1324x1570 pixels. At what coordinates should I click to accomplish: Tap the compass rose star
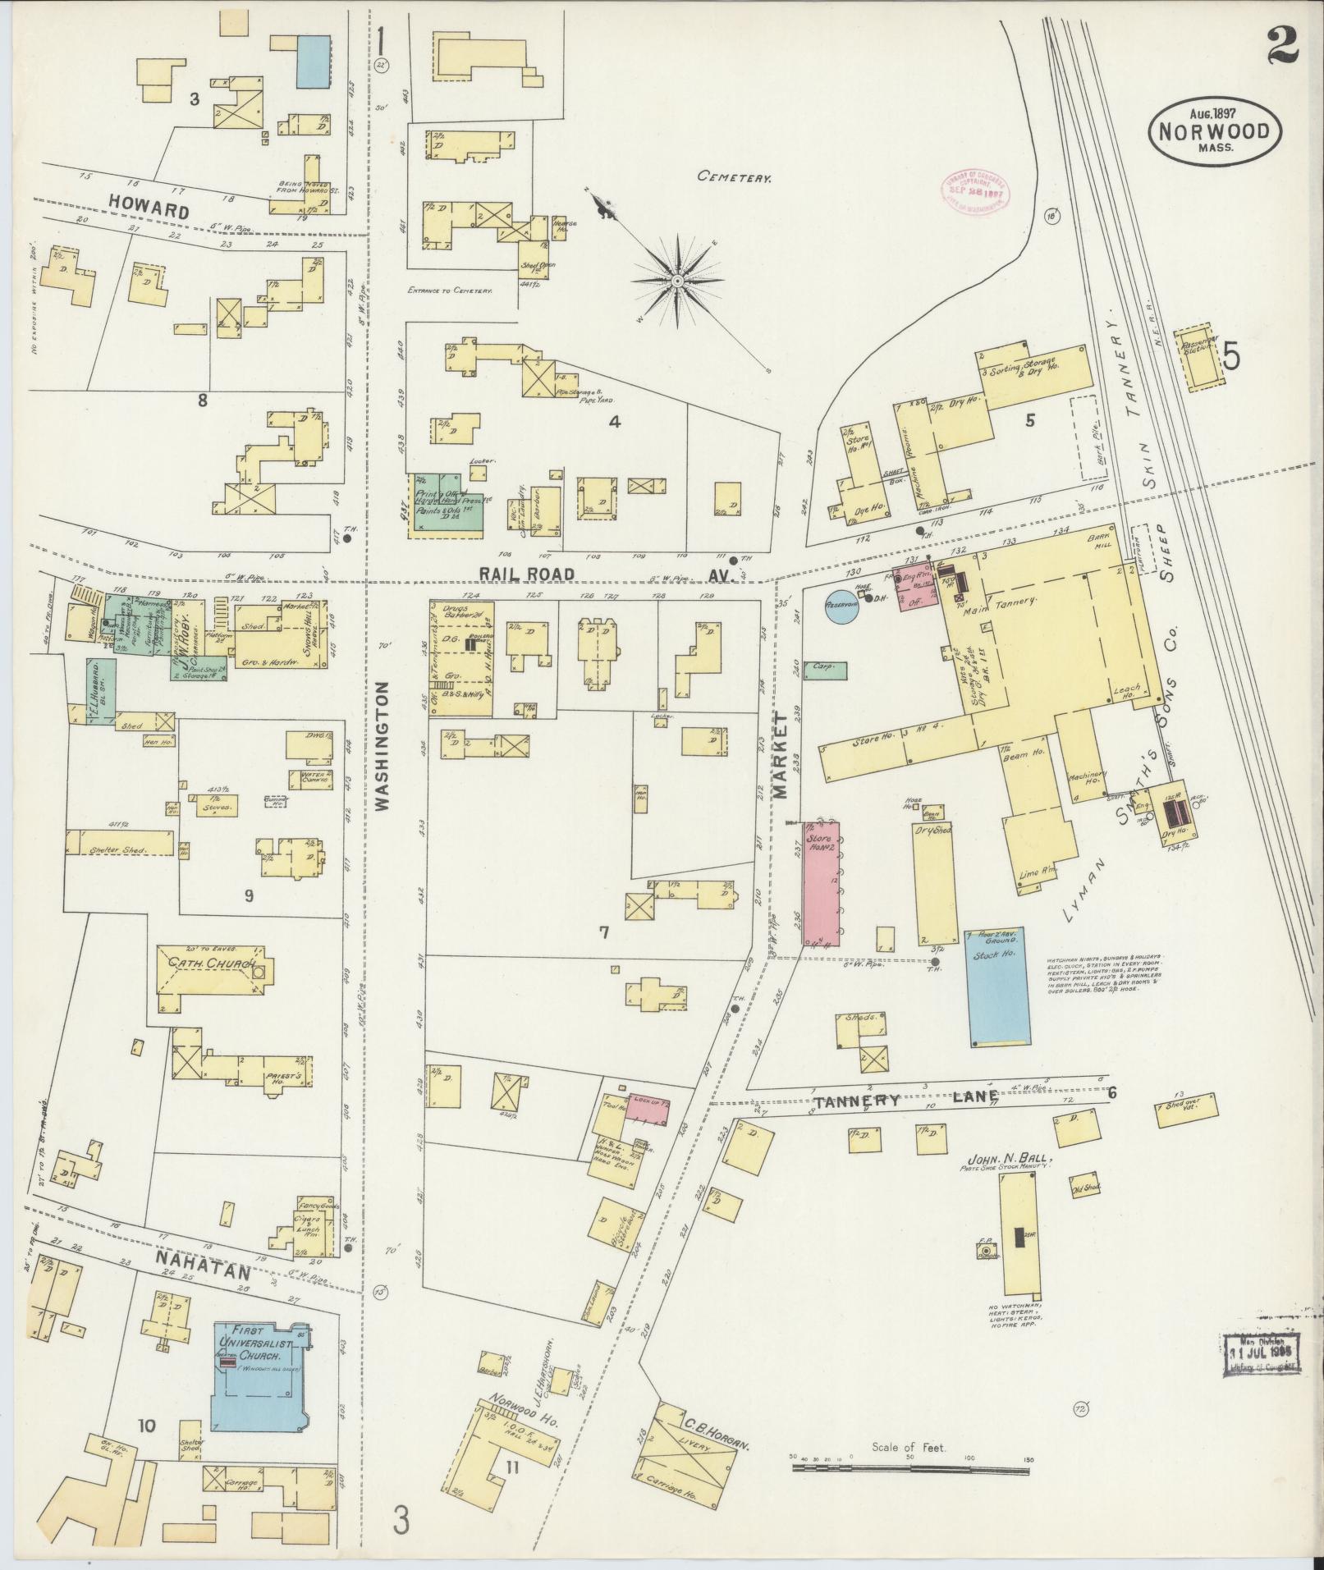[678, 282]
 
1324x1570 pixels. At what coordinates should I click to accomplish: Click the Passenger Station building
[1198, 356]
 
